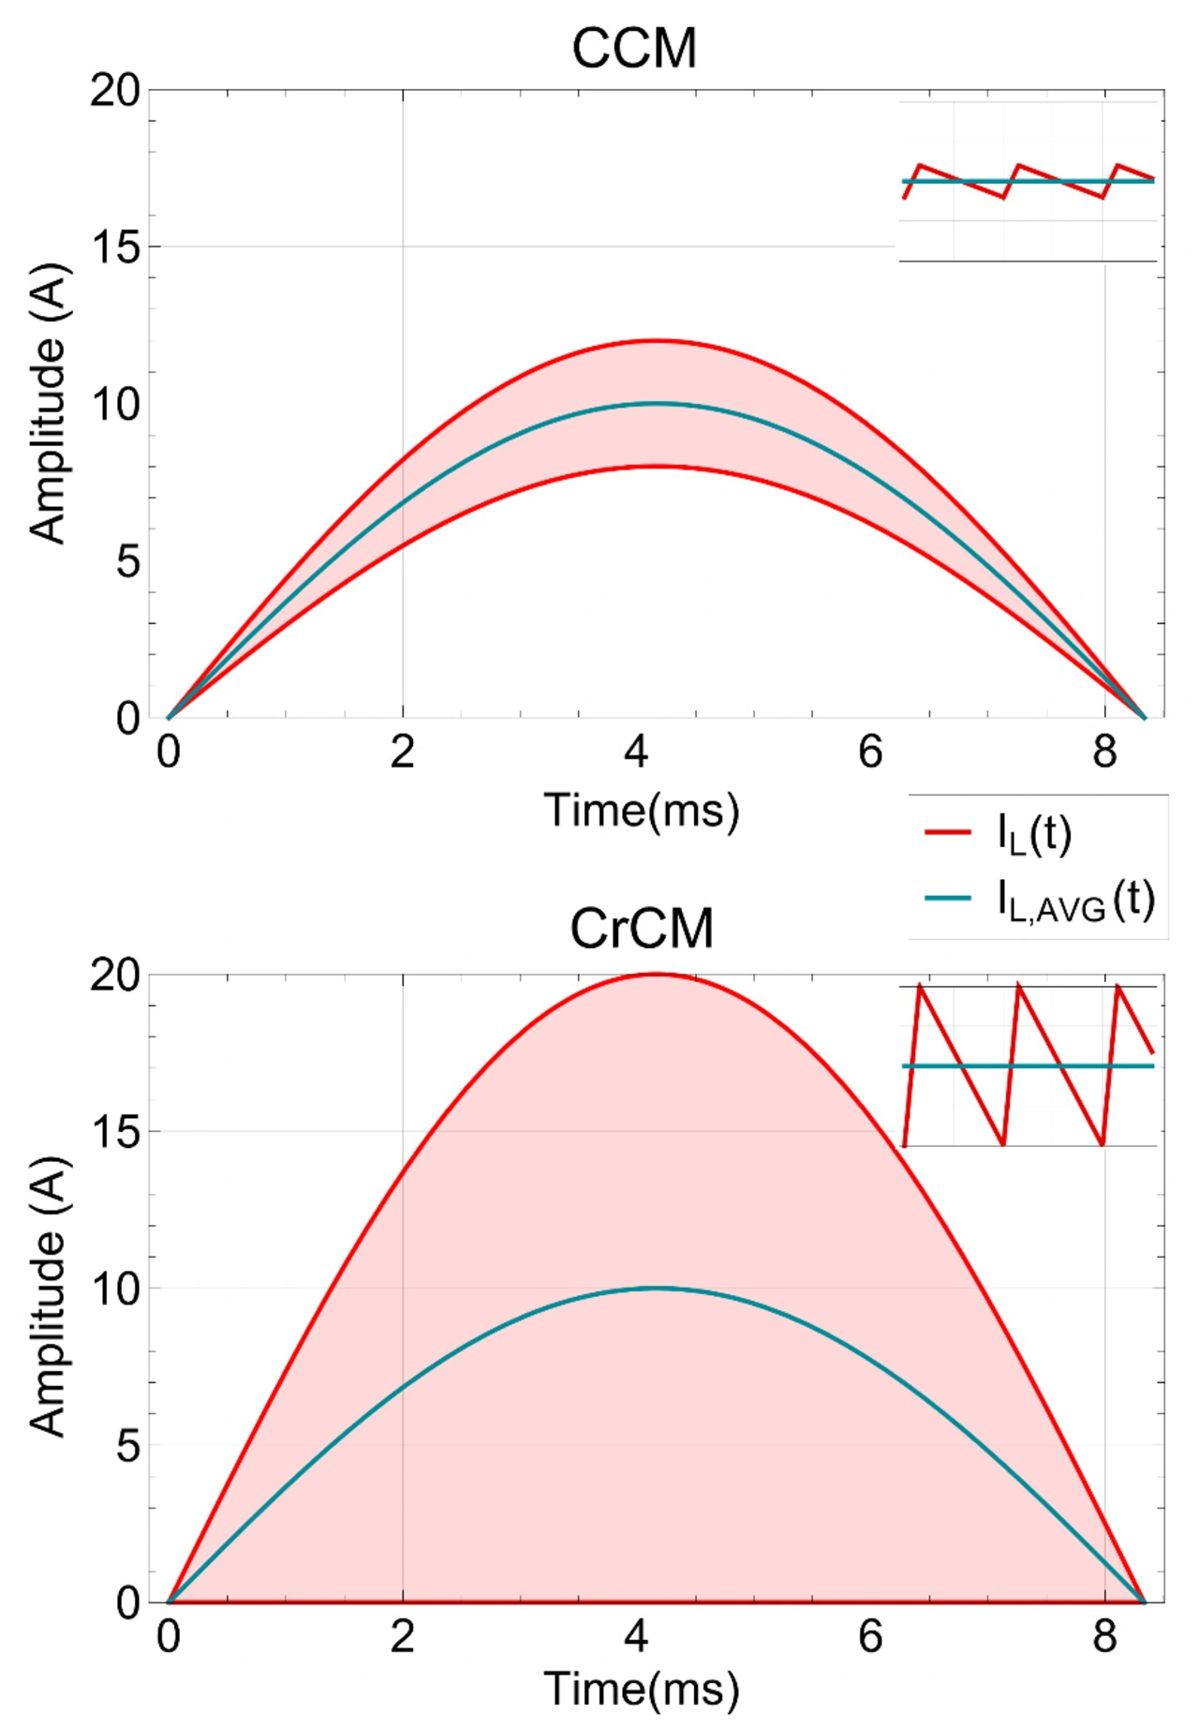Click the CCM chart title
tap(634, 49)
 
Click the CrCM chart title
tap(642, 929)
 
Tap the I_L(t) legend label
tap(1034, 833)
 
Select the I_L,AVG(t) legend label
tap(1075, 901)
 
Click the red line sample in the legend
tap(947, 831)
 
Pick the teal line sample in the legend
tap(947, 898)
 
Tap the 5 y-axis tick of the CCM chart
tap(127, 562)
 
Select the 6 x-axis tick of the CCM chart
tap(870, 753)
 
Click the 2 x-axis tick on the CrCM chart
tap(402, 1636)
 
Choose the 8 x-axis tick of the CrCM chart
tap(1105, 1636)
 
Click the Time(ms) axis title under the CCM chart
tap(642, 810)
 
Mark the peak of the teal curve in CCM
tap(658, 404)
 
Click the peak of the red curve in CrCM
tap(658, 975)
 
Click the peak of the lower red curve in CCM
tap(658, 467)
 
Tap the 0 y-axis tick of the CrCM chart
tap(127, 1603)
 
